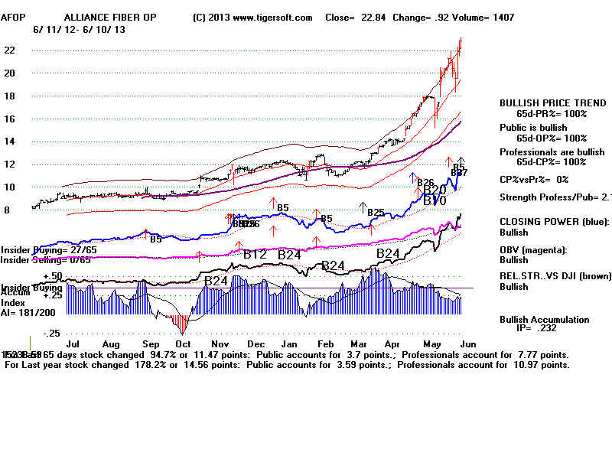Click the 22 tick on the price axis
(11, 50)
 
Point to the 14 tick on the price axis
(11, 142)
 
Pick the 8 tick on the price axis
(8, 209)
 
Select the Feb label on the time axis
(335, 345)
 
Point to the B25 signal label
(376, 212)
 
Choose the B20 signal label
(435, 190)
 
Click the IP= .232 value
(542, 330)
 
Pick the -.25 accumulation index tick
(52, 334)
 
